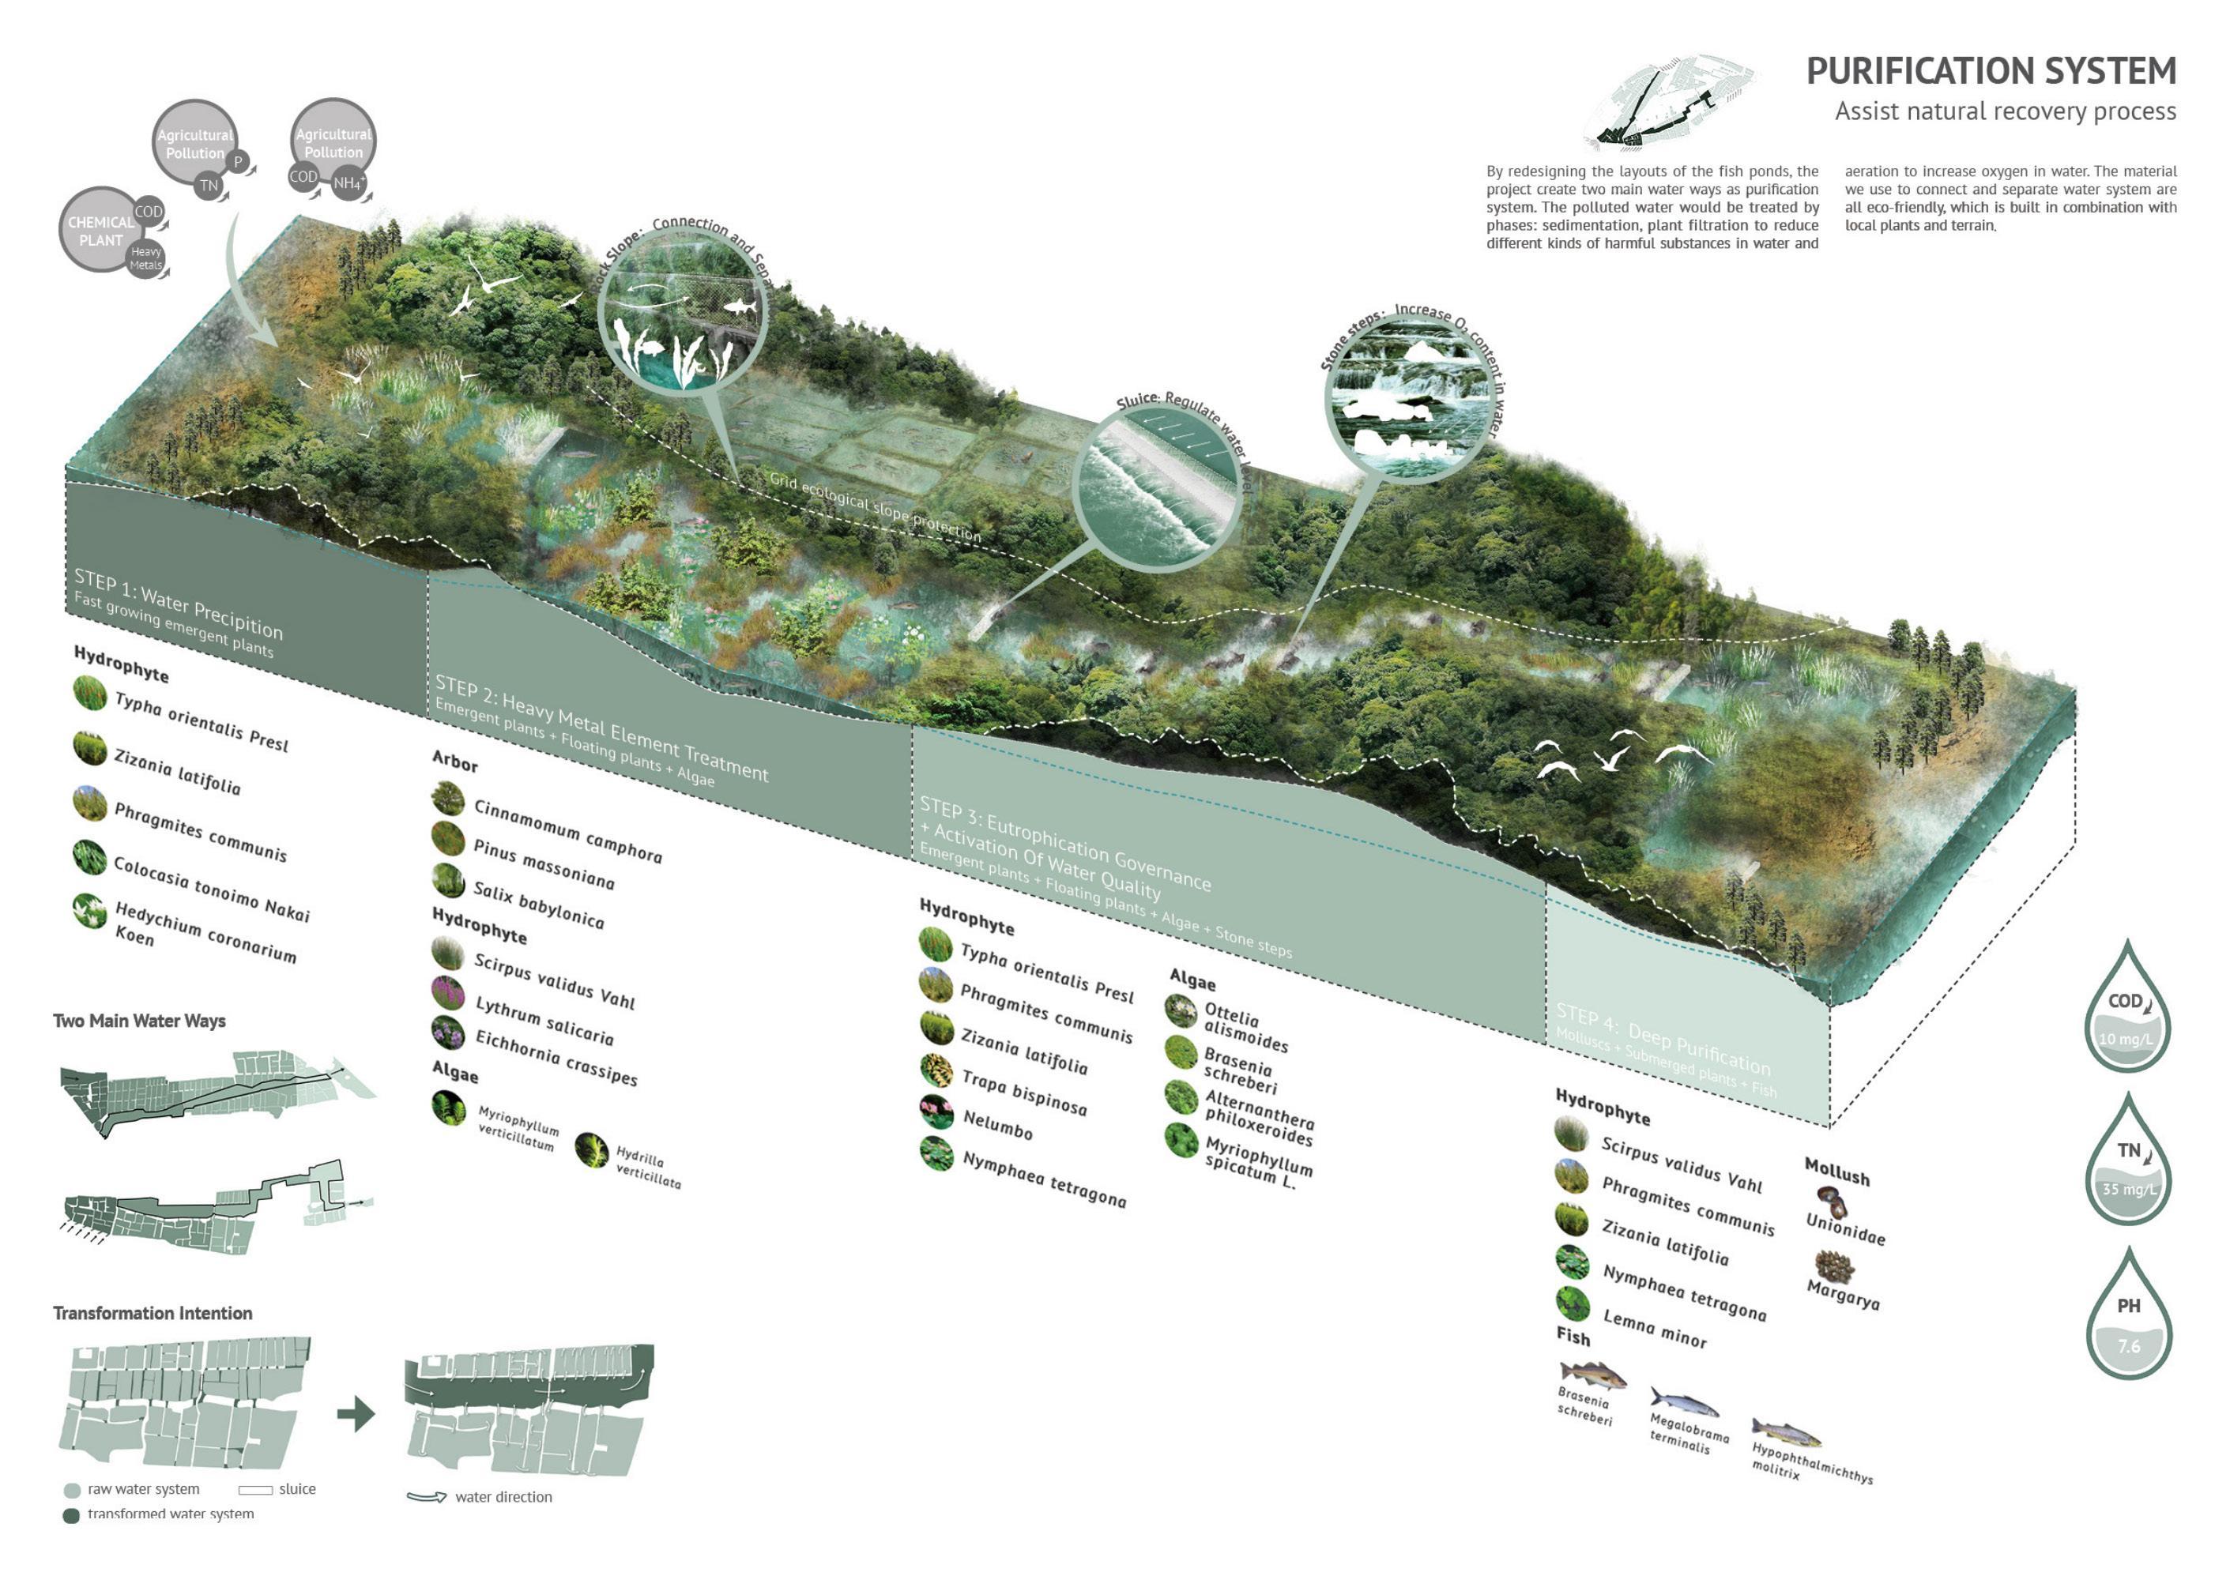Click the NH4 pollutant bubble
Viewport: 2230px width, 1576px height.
pos(348,182)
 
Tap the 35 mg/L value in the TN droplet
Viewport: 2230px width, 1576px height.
pos(2128,1190)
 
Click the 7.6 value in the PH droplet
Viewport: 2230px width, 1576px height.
pos(2128,1346)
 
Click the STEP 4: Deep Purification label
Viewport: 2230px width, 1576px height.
pos(1663,1039)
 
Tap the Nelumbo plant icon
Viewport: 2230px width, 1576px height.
pos(936,1111)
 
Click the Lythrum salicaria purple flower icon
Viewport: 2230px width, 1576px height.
pos(448,992)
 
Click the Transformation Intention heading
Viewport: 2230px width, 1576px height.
pos(153,1313)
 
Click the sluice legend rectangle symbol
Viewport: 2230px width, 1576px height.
pos(255,1490)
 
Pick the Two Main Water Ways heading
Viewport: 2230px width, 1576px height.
pos(139,1021)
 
